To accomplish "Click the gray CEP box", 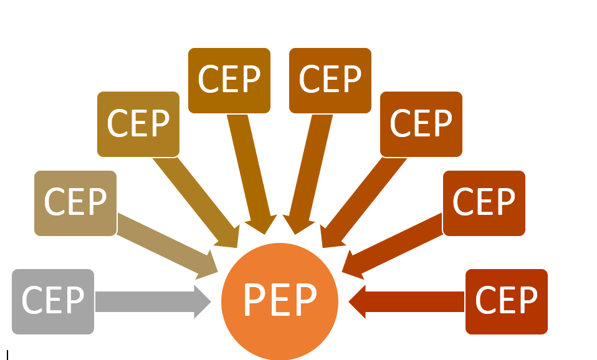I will (x=53, y=301).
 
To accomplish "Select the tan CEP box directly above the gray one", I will (x=75, y=203).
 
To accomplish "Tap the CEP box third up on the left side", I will (x=138, y=124).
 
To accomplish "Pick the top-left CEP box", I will (x=229, y=80).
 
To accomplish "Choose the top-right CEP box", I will (x=330, y=80).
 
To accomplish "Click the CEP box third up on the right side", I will (x=421, y=124).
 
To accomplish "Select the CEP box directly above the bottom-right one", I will (x=484, y=203).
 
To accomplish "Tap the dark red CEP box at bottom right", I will (x=507, y=301).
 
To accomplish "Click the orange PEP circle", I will (x=280, y=301).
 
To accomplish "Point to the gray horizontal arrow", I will (x=150, y=302).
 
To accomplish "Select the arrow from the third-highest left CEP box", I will (x=196, y=202).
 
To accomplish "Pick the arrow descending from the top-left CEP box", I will (x=252, y=171).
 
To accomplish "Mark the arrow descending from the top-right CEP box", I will (x=308, y=171).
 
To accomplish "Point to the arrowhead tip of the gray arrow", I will (x=209, y=302).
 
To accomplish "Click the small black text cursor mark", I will (x=7, y=355).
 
